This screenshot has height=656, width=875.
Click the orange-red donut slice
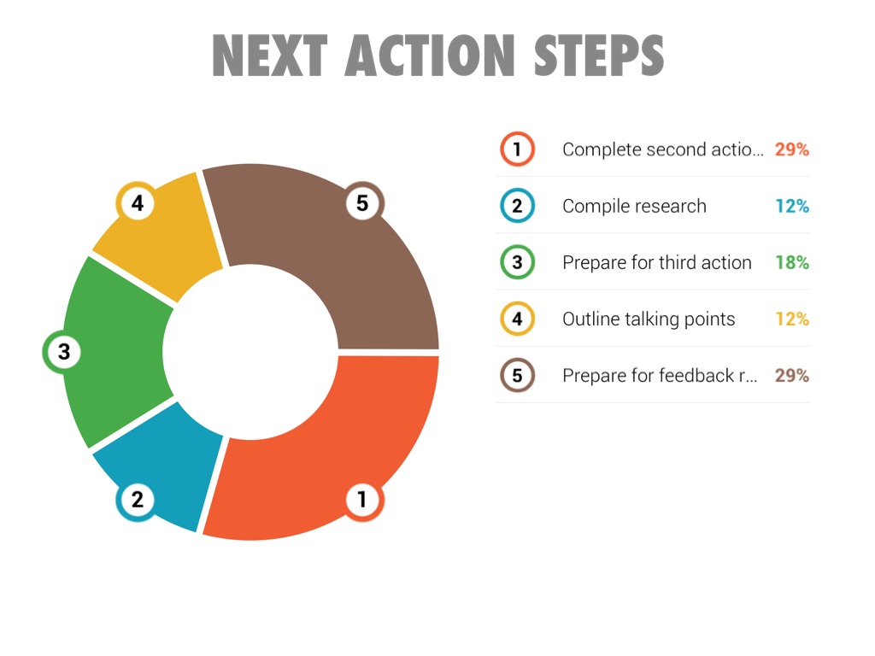point(335,446)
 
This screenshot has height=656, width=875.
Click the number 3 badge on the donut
point(62,352)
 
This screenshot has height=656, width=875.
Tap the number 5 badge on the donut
point(363,203)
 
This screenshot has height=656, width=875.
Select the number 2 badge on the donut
point(136,500)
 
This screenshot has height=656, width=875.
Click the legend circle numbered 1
point(517,149)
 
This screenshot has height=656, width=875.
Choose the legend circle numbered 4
point(517,319)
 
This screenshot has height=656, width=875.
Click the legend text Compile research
point(635,207)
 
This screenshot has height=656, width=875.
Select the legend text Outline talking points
point(649,319)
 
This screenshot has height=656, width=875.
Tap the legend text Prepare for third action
point(657,263)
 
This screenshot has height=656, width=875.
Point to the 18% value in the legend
point(792,262)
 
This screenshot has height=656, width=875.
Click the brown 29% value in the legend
point(792,376)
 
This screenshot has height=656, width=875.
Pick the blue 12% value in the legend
point(792,206)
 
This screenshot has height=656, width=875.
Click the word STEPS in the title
point(599,56)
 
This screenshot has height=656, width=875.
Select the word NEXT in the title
point(269,56)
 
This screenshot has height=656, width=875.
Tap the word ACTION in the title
point(430,56)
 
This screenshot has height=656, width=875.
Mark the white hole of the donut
point(250,352)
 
